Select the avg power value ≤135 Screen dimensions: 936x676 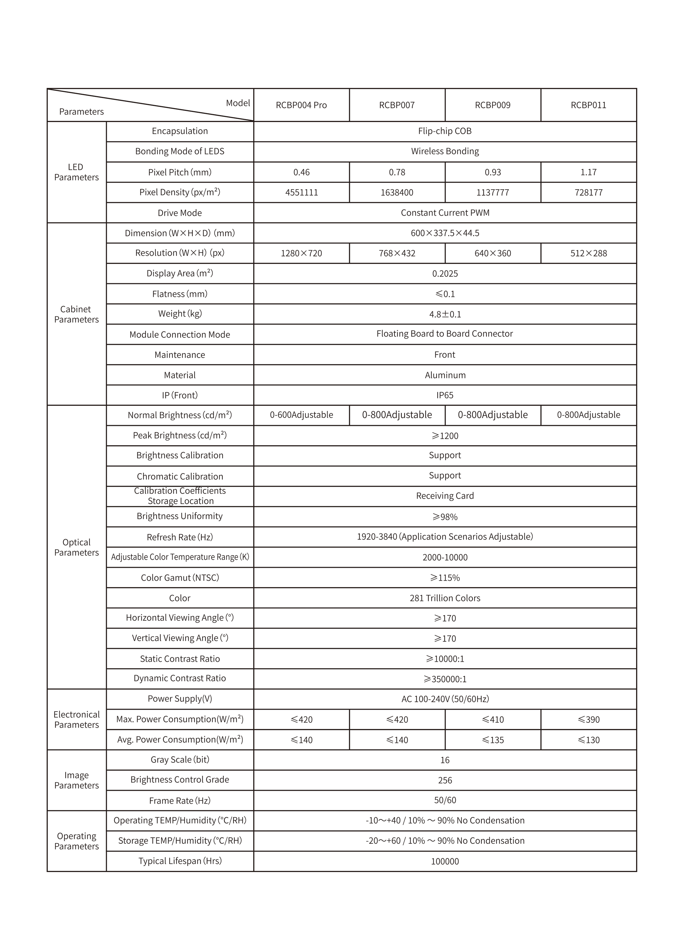(492, 740)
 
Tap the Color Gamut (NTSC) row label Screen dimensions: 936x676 (180, 578)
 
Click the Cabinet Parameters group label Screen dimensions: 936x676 (76, 314)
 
